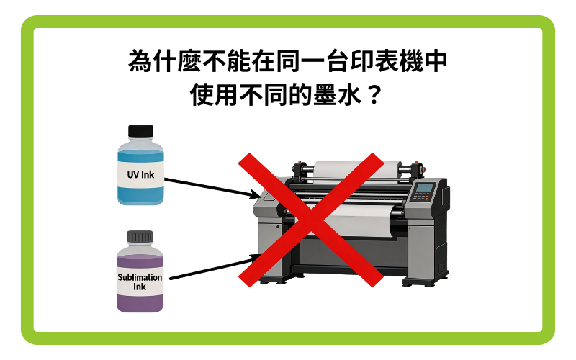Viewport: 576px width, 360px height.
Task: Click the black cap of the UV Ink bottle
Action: pyautogui.click(x=140, y=131)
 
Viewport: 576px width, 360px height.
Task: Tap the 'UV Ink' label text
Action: pyautogui.click(x=140, y=174)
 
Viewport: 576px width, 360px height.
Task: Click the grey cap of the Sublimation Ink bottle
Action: pyautogui.click(x=140, y=237)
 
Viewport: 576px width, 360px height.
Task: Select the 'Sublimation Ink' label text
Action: pyautogui.click(x=140, y=282)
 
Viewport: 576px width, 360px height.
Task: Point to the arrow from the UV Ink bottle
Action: pyautogui.click(x=212, y=189)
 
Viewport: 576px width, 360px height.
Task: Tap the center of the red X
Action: pyautogui.click(x=311, y=220)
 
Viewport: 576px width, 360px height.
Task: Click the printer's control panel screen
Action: pyautogui.click(x=425, y=188)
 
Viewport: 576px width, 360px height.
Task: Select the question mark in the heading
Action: pyautogui.click(x=374, y=95)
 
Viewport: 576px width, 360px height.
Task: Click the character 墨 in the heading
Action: pyautogui.click(x=325, y=95)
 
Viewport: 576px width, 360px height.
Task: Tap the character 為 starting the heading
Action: pyautogui.click(x=140, y=60)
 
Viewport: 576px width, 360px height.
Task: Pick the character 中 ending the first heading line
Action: pyautogui.click(x=436, y=60)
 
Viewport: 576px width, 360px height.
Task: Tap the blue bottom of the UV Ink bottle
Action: pyautogui.click(x=140, y=196)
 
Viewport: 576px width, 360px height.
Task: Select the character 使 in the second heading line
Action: pyautogui.click(x=202, y=95)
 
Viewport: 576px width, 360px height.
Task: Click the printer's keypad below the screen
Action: pyautogui.click(x=421, y=197)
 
